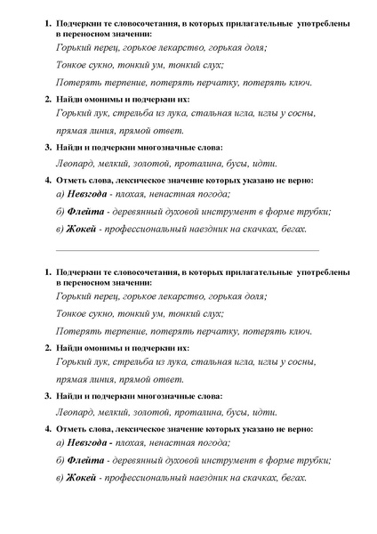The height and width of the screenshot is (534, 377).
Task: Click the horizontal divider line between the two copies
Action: tap(187, 250)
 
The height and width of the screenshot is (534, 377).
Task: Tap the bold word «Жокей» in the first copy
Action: tap(85, 229)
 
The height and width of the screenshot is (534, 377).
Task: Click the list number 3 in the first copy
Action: tap(47, 147)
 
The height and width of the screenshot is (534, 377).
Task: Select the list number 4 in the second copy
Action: tap(47, 428)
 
